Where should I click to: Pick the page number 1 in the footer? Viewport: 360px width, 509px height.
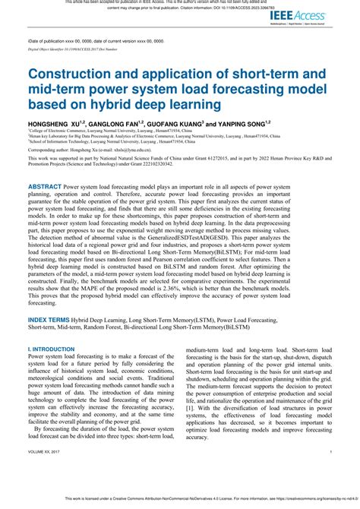click(332, 472)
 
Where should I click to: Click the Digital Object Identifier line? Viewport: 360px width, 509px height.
click(73, 48)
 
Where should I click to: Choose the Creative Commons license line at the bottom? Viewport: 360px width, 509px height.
click(180, 501)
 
